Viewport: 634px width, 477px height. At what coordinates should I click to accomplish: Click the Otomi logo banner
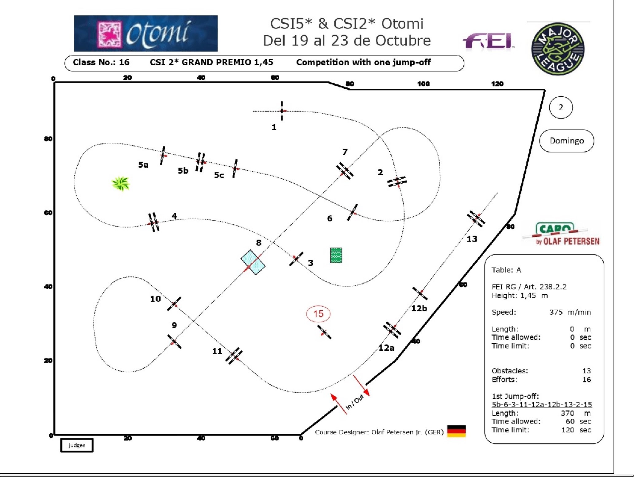click(x=146, y=33)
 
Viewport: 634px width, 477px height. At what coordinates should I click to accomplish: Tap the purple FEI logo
click(x=488, y=41)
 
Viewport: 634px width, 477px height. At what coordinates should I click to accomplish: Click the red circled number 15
click(x=318, y=314)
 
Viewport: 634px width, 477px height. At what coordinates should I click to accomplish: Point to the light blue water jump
click(x=253, y=262)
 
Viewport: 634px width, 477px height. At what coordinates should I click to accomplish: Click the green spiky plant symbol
click(x=121, y=184)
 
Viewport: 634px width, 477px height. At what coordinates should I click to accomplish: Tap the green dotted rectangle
click(x=336, y=255)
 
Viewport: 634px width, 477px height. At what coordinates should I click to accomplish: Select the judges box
click(x=77, y=445)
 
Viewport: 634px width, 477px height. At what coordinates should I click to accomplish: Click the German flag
click(x=456, y=431)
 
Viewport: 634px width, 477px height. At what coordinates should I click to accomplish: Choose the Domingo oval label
click(x=566, y=141)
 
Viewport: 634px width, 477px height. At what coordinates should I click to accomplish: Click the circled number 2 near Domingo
click(x=561, y=107)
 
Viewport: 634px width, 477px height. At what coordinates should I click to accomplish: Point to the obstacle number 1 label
click(x=274, y=127)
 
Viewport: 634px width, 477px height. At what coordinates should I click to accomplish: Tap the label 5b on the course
click(x=183, y=171)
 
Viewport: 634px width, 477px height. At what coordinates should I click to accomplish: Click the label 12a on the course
click(x=386, y=348)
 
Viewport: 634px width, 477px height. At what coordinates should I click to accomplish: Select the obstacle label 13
click(x=472, y=239)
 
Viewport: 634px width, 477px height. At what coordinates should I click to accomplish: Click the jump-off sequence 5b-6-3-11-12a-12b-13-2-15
click(x=542, y=405)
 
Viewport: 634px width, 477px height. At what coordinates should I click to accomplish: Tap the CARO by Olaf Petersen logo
click(x=561, y=234)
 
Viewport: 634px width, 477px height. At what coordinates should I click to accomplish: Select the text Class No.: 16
click(x=101, y=62)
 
